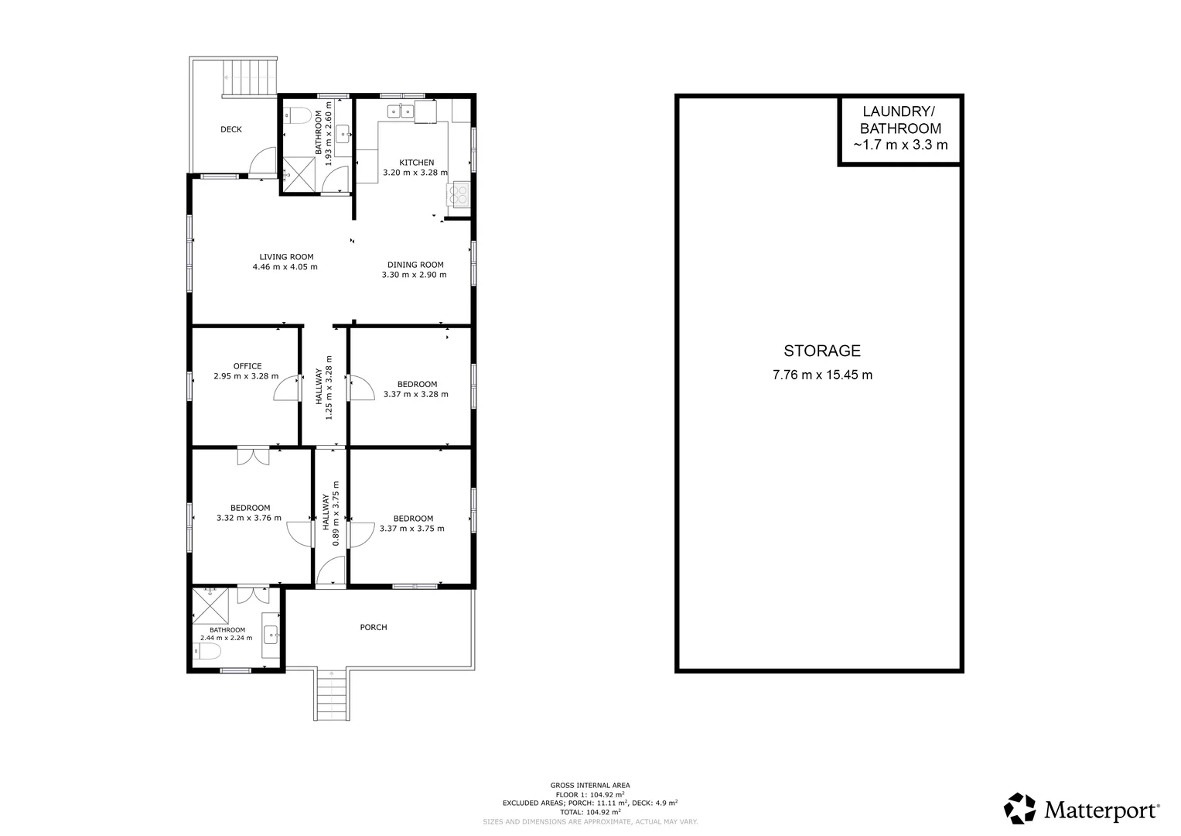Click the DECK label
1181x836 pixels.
click(231, 129)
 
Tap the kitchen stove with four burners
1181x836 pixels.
click(458, 194)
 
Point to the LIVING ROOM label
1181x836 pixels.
click(286, 257)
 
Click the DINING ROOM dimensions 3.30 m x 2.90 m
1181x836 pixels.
click(414, 275)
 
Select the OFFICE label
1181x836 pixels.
click(247, 366)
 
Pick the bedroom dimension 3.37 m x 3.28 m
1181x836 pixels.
click(415, 395)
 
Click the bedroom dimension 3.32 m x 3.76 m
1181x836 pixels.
click(249, 519)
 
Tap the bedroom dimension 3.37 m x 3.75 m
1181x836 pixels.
click(411, 529)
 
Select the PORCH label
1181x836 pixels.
click(374, 627)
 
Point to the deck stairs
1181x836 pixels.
click(250, 77)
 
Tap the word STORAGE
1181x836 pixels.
click(821, 351)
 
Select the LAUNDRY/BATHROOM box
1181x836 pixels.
click(900, 129)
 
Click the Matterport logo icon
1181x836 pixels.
click(1019, 809)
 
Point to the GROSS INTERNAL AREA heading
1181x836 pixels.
click(590, 785)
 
